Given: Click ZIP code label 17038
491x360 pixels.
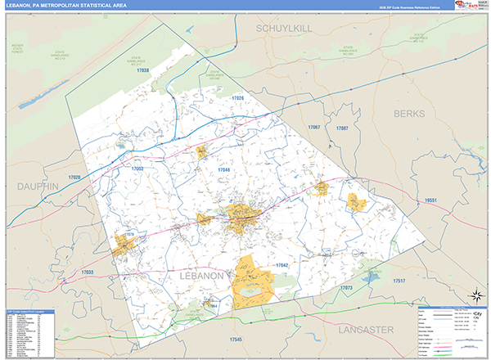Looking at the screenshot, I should coord(144,71).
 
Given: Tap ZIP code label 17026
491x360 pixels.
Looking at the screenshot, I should coord(237,98).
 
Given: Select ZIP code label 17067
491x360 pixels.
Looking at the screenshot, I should coord(313,128).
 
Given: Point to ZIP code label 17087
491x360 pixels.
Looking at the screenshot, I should coord(342,128).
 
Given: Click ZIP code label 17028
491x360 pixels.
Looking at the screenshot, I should coord(75,178).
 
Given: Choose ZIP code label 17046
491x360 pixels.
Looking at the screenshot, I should coord(224,169).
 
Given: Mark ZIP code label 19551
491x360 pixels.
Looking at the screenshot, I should coord(430,200).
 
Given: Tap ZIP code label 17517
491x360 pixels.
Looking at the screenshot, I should coord(399,281).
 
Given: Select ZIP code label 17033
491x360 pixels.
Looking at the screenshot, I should coord(88,272).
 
